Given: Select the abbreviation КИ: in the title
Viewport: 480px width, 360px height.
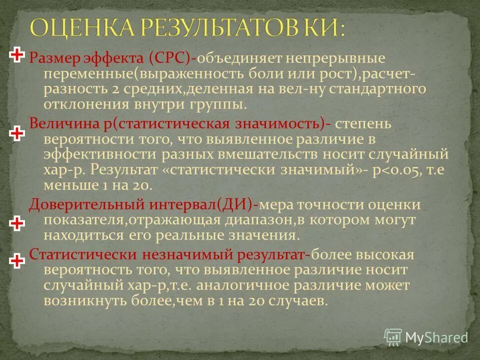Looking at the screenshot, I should tap(322, 27).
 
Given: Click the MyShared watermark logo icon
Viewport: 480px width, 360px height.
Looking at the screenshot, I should tap(393, 336).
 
